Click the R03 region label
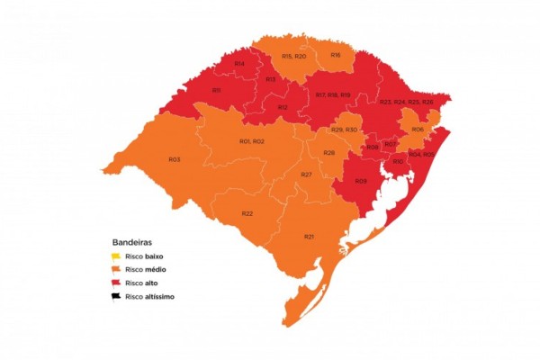tap(175, 159)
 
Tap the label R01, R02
tap(251, 142)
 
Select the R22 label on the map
tap(247, 213)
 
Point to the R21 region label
tap(309, 236)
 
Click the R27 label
tap(306, 174)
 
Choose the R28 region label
tap(329, 153)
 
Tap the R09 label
tap(360, 182)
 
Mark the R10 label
tap(398, 161)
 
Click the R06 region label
tap(418, 130)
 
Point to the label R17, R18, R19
tap(332, 95)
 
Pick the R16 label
tap(335, 55)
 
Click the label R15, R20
tap(293, 57)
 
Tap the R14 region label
tap(239, 64)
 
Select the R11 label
tap(216, 90)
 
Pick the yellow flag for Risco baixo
tap(116, 256)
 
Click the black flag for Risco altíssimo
tap(116, 295)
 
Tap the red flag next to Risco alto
tap(116, 283)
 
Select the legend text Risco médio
tap(145, 270)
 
